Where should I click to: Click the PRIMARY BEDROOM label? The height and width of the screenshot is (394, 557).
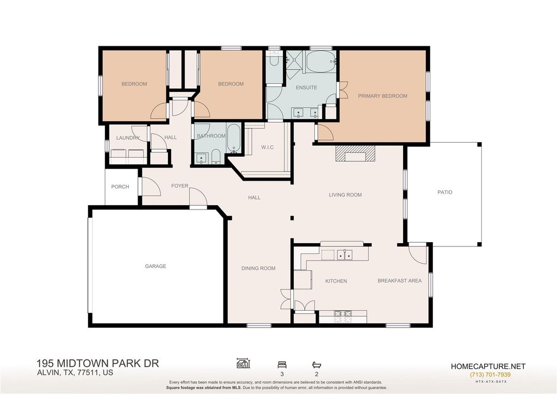pyautogui.click(x=382, y=96)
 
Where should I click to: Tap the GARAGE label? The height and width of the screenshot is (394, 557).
pyautogui.click(x=155, y=266)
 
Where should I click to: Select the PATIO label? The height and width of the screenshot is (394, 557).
pyautogui.click(x=445, y=192)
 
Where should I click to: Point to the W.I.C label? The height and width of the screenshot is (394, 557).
pyautogui.click(x=267, y=147)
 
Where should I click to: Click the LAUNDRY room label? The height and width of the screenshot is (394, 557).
pyautogui.click(x=127, y=138)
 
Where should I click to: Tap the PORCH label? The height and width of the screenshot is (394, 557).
pyautogui.click(x=120, y=187)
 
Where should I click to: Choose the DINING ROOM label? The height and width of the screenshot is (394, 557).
pyautogui.click(x=258, y=268)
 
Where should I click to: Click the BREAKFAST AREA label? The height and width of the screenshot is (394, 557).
pyautogui.click(x=400, y=281)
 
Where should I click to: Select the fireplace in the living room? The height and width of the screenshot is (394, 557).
pyautogui.click(x=355, y=153)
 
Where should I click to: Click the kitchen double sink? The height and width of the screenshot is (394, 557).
pyautogui.click(x=344, y=255)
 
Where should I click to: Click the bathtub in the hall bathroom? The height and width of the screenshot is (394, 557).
pyautogui.click(x=233, y=139)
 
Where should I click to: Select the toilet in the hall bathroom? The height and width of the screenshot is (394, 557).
pyautogui.click(x=216, y=157)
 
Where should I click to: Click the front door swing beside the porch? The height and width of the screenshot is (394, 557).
pyautogui.click(x=151, y=187)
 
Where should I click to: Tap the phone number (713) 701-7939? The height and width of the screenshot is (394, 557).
pyautogui.click(x=490, y=374)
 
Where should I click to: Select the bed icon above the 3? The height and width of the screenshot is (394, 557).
pyautogui.click(x=282, y=365)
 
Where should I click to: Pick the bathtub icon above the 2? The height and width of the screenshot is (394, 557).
pyautogui.click(x=316, y=365)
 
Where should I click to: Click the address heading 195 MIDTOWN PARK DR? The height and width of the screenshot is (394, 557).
pyautogui.click(x=98, y=364)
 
